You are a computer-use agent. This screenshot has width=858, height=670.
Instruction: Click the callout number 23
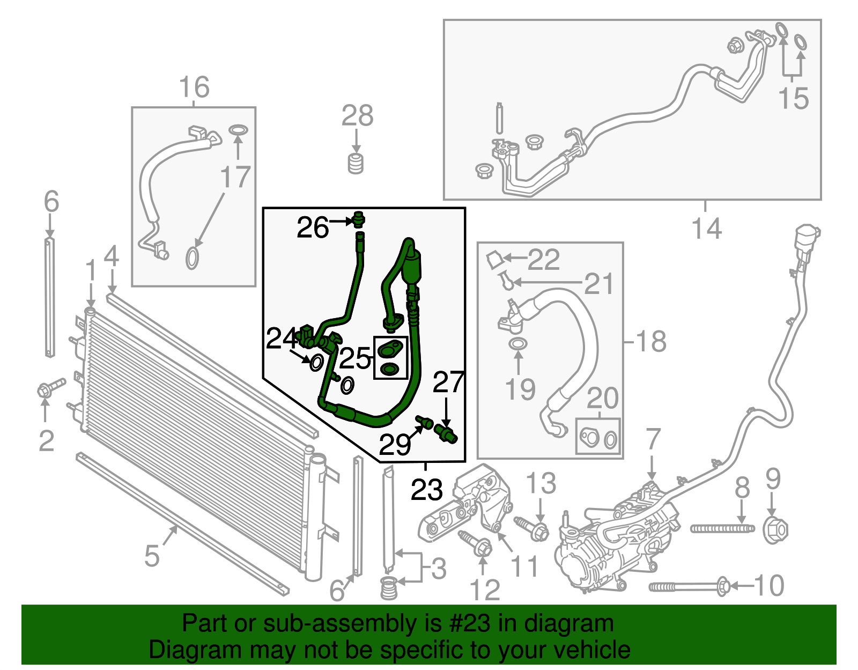click(x=427, y=489)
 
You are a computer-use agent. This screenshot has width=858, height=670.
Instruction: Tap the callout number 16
click(x=194, y=87)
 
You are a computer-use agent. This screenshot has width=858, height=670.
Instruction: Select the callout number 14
click(x=707, y=229)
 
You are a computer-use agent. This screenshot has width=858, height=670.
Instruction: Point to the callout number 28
click(x=358, y=115)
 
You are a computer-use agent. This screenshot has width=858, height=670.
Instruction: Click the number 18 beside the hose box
click(x=650, y=341)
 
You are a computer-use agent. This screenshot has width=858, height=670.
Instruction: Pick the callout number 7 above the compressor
click(x=653, y=439)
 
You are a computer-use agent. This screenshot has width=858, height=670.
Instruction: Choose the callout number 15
click(x=794, y=99)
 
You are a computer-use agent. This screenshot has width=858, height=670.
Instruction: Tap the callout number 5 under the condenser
click(x=152, y=556)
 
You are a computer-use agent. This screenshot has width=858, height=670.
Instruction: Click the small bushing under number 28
click(x=356, y=163)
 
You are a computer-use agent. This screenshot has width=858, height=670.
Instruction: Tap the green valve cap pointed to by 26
click(x=359, y=219)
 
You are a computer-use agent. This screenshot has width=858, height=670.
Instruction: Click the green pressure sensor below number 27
click(x=446, y=433)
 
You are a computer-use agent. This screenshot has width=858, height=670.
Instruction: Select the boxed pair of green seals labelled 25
click(x=390, y=358)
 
